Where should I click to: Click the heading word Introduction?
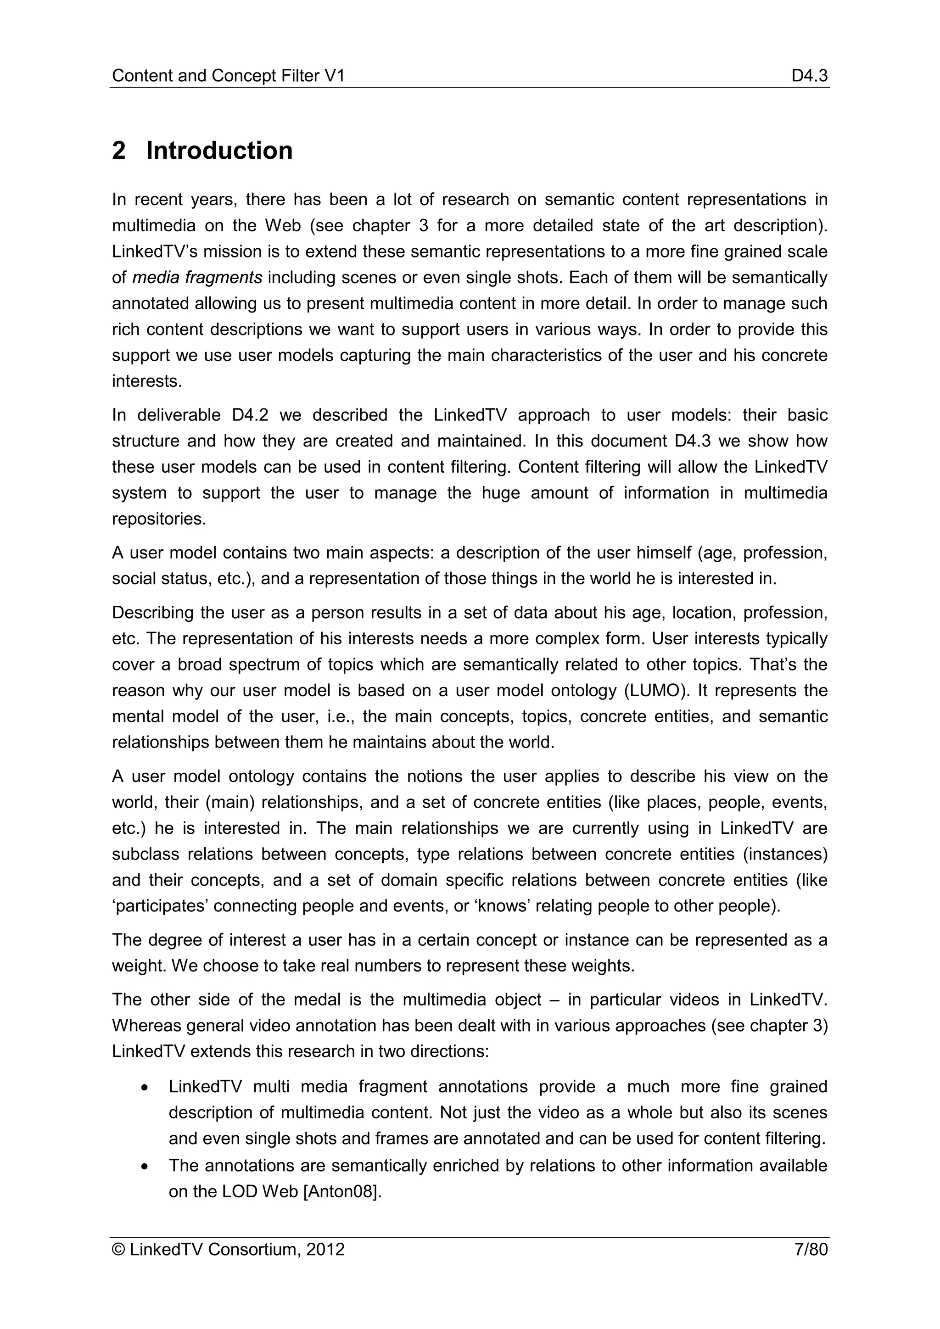219,151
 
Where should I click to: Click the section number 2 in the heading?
119,151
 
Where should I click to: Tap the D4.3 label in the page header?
809,76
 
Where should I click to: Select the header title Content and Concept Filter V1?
228,76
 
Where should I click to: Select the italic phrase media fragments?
197,278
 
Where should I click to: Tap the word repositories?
159,519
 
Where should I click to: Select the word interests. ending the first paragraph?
147,381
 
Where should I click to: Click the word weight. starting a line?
139,966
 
